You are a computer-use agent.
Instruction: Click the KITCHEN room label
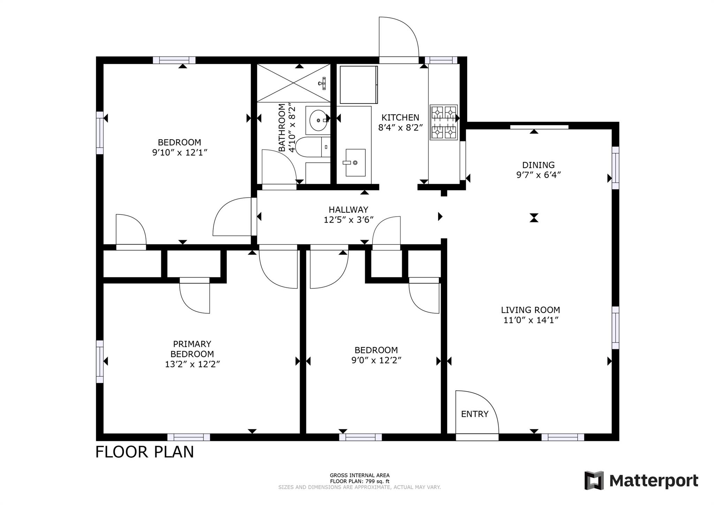coord(400,118)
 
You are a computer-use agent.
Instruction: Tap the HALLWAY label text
coord(348,210)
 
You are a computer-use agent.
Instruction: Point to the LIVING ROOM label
coord(531,310)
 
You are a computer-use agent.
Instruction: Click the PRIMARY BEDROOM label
coord(192,349)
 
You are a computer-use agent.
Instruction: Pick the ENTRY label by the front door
coord(474,414)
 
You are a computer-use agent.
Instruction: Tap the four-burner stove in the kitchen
coord(443,122)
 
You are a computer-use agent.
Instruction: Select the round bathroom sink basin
coord(319,120)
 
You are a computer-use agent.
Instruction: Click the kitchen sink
coord(356,163)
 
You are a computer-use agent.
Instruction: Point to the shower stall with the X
coord(294,83)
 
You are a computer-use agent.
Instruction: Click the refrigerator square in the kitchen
coord(359,85)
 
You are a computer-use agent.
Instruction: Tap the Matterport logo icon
coord(594,480)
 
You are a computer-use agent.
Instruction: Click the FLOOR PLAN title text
coord(145,452)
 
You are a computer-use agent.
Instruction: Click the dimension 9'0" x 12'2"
coord(376,360)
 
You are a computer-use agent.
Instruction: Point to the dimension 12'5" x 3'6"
coord(349,220)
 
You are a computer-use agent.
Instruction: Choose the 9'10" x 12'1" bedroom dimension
coord(180,152)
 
